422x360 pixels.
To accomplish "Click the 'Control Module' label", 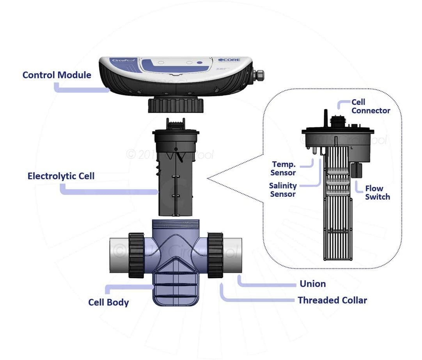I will (x=57, y=75).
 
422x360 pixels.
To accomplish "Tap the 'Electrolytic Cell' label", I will (x=61, y=176).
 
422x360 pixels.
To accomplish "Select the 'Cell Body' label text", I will (x=108, y=302).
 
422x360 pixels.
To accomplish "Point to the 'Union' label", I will (x=312, y=284).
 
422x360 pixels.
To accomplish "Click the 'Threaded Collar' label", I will (x=332, y=300).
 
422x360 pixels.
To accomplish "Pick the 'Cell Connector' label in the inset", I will (x=371, y=106).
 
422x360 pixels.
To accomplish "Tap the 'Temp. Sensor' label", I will (x=284, y=168).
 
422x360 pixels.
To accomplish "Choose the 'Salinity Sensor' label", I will (x=283, y=190).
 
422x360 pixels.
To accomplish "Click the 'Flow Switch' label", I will (x=377, y=193).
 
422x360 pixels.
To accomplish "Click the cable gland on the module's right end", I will (x=258, y=74).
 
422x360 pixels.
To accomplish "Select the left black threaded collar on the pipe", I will (x=137, y=255).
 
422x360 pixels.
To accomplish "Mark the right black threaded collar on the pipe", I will (x=215, y=255).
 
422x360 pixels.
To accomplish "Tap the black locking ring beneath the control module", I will (x=176, y=105).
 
